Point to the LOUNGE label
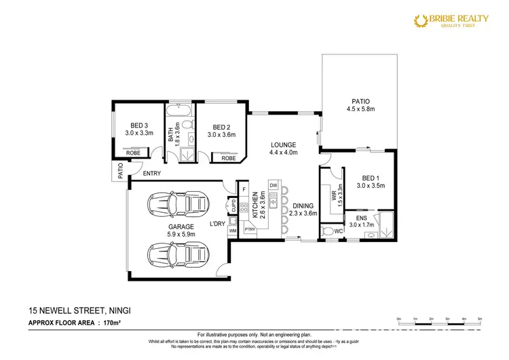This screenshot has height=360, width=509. pyautogui.click(x=284, y=148)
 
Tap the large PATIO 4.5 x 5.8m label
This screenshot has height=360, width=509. pyautogui.click(x=360, y=105)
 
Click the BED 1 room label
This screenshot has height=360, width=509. pyautogui.click(x=371, y=180)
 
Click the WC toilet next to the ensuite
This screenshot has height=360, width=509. pyautogui.click(x=330, y=231)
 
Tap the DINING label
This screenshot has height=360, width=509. pyautogui.click(x=303, y=209)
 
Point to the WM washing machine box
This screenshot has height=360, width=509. pyautogui.click(x=233, y=231)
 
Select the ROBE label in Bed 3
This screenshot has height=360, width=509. pyautogui.click(x=133, y=153)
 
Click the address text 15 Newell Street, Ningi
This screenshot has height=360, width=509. pyautogui.click(x=80, y=311)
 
